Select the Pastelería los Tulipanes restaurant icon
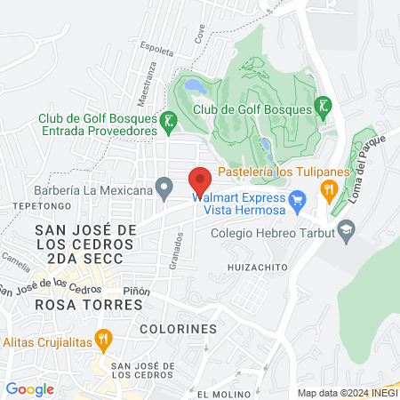328,188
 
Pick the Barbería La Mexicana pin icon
164,188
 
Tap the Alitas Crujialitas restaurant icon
104,338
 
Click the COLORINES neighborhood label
178,329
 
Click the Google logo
29,388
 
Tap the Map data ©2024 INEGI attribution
347,393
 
